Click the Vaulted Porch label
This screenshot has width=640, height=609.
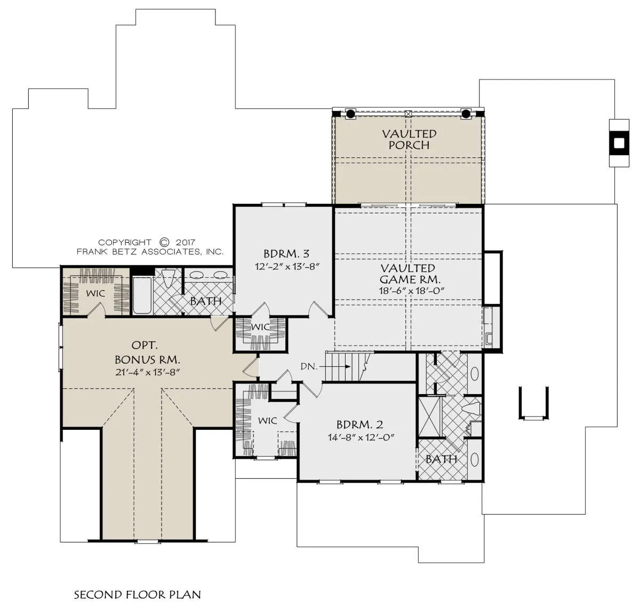tap(409, 139)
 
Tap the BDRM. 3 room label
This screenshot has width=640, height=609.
tap(286, 253)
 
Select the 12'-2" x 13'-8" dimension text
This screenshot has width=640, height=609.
tap(287, 267)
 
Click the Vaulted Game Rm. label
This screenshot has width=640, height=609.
tap(410, 274)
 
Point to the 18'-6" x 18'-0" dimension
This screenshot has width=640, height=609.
tap(412, 291)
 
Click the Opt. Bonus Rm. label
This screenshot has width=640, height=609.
tap(147, 352)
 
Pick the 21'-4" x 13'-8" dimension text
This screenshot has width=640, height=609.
tap(148, 372)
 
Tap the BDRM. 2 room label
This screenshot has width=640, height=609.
tap(359, 425)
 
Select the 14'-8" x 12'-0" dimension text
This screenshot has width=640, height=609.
tap(361, 437)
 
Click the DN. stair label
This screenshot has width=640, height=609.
tap(309, 366)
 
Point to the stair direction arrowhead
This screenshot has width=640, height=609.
tap(348, 366)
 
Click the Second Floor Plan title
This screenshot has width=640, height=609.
tap(138, 595)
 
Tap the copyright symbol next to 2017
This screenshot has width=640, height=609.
tap(164, 242)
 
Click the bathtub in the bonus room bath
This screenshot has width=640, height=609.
tap(142, 295)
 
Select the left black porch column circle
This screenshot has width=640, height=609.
tap(350, 114)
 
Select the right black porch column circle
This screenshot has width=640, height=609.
tap(466, 114)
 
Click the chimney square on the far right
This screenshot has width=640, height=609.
tap(619, 143)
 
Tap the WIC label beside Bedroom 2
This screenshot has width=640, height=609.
tap(267, 421)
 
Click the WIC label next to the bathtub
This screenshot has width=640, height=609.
tap(95, 294)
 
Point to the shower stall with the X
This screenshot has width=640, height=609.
tap(430, 417)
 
